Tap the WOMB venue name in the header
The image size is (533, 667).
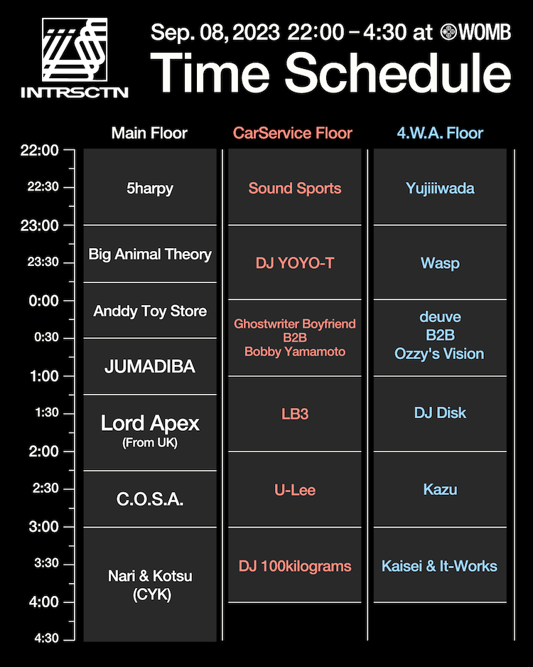click(485, 32)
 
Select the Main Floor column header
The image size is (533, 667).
click(149, 133)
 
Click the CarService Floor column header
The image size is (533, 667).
click(292, 133)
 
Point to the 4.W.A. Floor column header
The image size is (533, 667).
click(440, 133)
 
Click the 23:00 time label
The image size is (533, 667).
click(40, 225)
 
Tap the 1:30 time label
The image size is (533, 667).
click(47, 412)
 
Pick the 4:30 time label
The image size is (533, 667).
click(46, 638)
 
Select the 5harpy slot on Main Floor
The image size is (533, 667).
click(150, 188)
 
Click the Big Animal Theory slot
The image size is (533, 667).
click(150, 255)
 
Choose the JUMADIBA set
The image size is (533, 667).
click(150, 366)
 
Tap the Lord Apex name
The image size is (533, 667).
click(150, 423)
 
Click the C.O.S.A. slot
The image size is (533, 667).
click(150, 499)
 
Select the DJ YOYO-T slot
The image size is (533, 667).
click(295, 263)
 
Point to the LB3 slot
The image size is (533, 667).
click(295, 414)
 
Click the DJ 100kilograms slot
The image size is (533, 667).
click(295, 566)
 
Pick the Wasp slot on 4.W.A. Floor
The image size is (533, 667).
click(441, 263)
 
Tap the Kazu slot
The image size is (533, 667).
click(441, 490)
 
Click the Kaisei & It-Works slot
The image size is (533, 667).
click(439, 566)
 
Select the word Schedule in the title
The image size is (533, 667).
click(398, 73)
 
